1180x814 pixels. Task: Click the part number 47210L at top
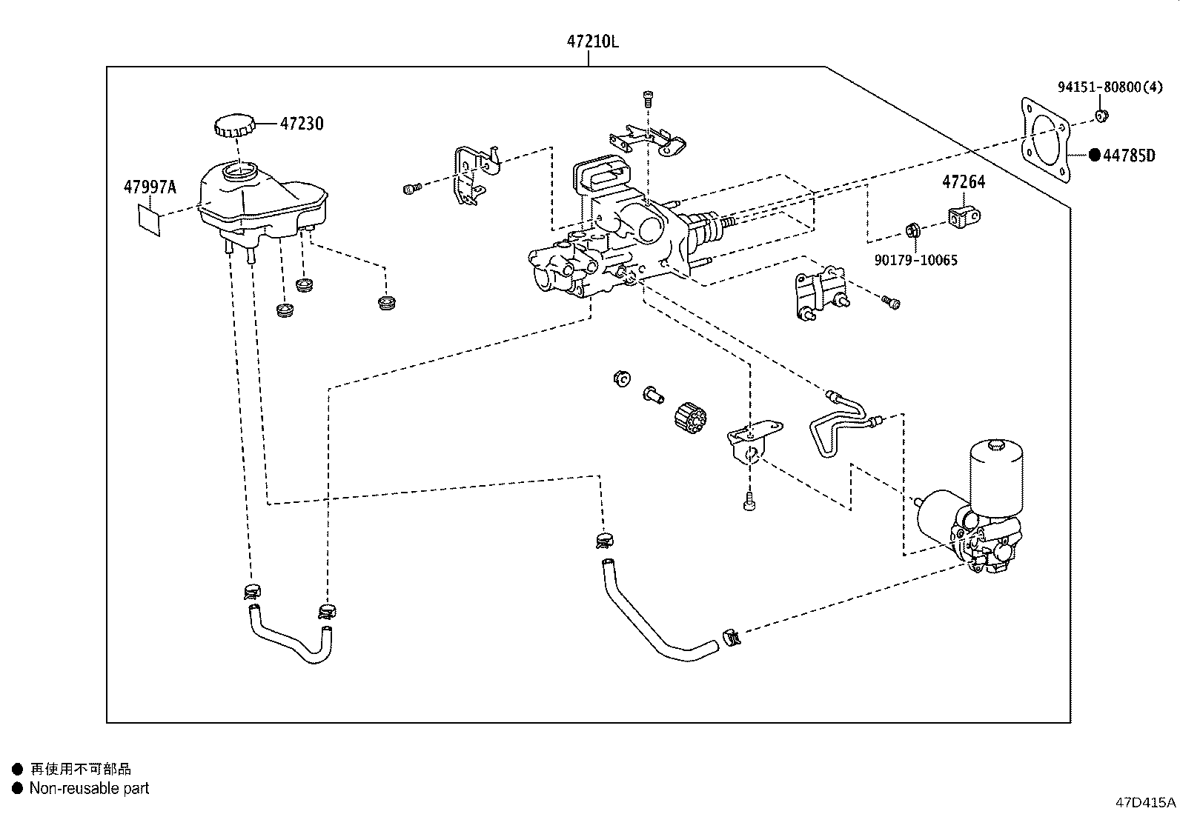tap(593, 41)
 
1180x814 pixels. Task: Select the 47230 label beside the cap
tap(302, 124)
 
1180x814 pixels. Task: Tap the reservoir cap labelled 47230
tap(234, 124)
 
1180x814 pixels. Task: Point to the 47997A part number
tap(150, 187)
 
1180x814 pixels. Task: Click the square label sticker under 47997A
tap(148, 219)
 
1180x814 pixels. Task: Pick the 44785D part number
tap(1129, 156)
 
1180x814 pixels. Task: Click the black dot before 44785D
tap(1095, 155)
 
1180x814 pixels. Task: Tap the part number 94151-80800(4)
tap(1110, 87)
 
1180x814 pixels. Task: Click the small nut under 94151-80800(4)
tap(1101, 116)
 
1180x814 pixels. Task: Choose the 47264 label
tap(964, 182)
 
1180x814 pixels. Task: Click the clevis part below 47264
tap(964, 216)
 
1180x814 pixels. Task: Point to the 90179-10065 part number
tap(916, 260)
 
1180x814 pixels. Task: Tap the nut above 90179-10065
tap(913, 230)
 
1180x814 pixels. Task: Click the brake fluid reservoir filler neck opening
tap(240, 171)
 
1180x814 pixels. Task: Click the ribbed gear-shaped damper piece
tap(690, 418)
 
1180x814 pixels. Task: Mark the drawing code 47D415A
tap(1145, 802)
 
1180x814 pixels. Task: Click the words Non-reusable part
tap(89, 788)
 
